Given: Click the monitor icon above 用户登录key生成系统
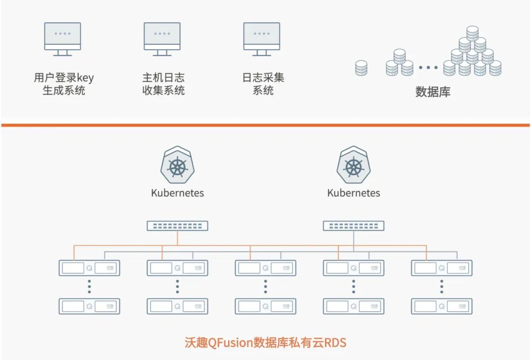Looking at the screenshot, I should point(62,38).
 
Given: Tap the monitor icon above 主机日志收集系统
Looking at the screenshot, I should point(162,38).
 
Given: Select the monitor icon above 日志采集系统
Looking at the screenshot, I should point(262,38).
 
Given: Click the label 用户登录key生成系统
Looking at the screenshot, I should point(63,84).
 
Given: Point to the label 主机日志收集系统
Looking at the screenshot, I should point(163,84).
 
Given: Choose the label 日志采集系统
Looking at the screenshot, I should point(263,84).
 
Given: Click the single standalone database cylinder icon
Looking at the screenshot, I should point(361,68).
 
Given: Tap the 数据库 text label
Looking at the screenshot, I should point(433,92).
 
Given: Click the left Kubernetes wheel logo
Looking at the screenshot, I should point(177,166).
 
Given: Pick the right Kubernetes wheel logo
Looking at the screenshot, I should point(354,166).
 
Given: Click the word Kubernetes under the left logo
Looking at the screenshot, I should point(177,193).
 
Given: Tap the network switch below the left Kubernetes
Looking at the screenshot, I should point(177,226).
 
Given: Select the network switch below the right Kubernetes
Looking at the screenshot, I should point(354,226).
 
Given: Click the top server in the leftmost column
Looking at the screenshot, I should point(89,268).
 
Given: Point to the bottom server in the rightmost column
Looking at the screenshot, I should point(442,306).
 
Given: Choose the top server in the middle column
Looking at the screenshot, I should point(265,268).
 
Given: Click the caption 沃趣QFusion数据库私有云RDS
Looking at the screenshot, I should point(265,342).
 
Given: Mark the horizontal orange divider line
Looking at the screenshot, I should point(265,125).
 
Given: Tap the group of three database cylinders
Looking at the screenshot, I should point(399,63).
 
